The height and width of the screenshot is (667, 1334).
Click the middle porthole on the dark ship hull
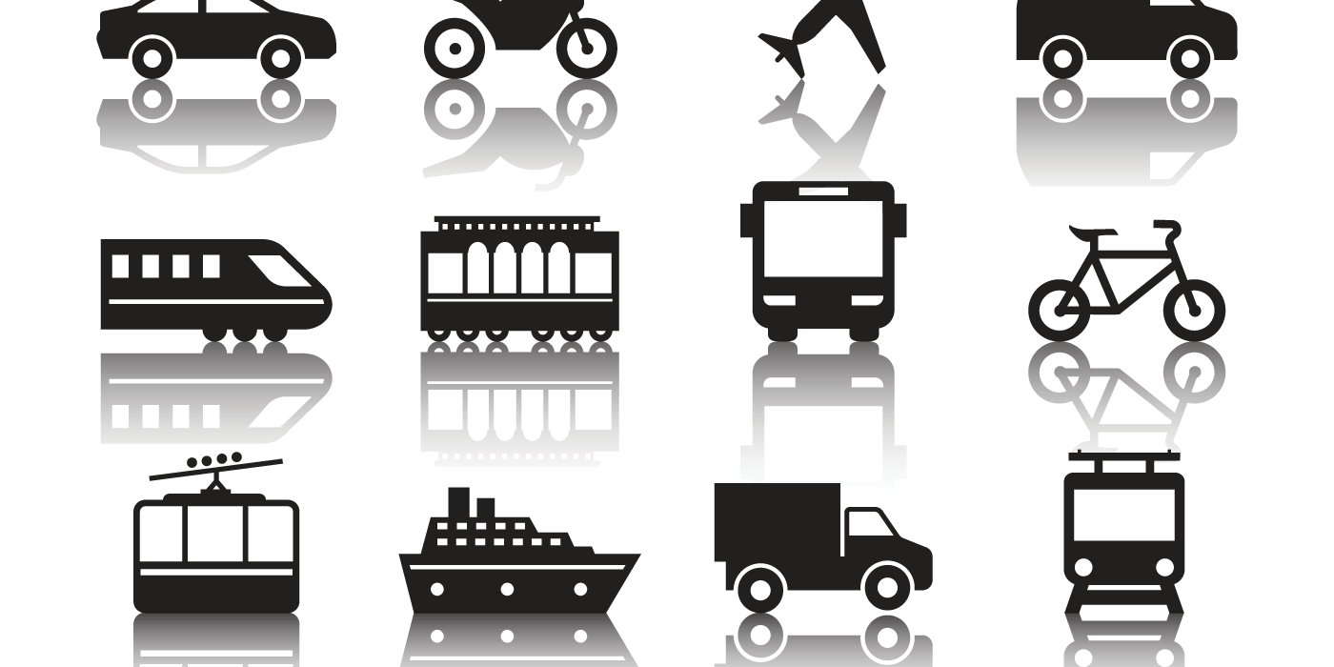tap(506, 589)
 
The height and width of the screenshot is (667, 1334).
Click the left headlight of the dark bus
tap(778, 300)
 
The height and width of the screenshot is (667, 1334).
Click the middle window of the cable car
tap(215, 534)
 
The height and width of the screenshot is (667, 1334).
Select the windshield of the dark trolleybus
tap(1123, 515)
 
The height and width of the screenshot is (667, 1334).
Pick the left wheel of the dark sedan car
tap(152, 56)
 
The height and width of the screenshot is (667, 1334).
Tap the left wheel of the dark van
tap(1062, 58)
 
